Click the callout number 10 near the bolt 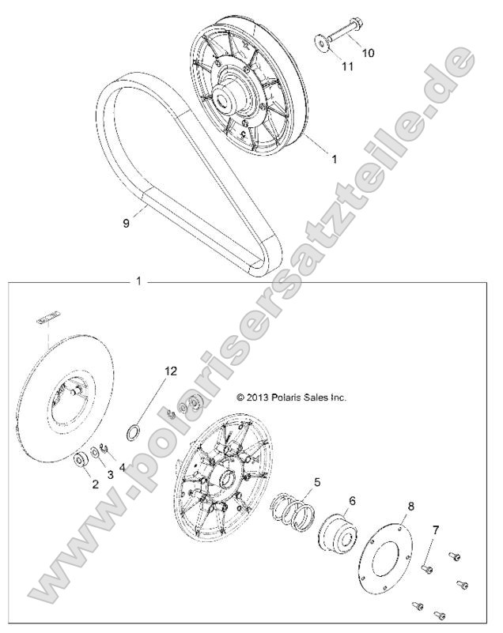369,53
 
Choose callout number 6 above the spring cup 353,500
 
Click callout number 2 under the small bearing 95,484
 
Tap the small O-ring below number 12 136,433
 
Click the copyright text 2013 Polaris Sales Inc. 291,398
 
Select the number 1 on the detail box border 139,281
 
